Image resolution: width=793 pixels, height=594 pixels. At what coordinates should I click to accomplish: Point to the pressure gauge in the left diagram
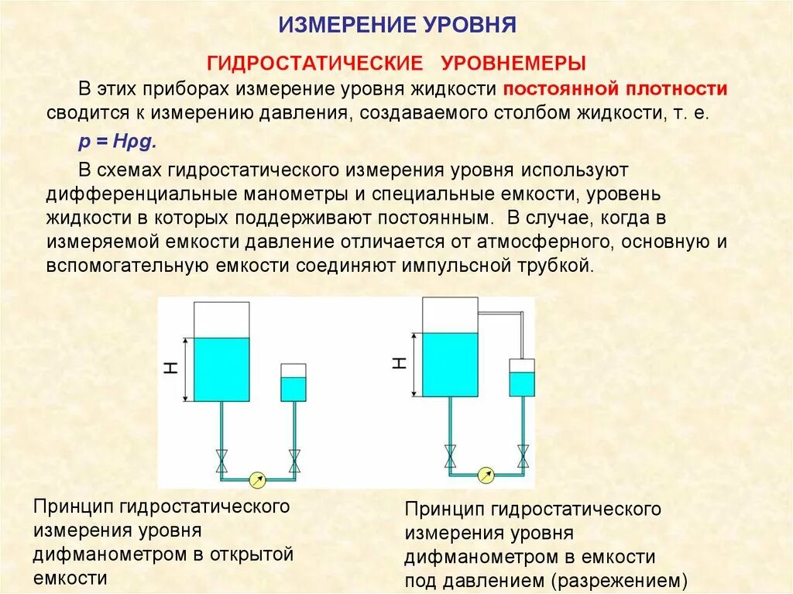click(257, 480)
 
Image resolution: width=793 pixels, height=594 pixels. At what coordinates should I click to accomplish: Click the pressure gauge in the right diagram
click(486, 475)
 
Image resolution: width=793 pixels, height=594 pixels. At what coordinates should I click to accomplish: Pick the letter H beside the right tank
click(400, 364)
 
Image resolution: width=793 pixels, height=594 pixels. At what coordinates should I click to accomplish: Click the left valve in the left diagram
click(221, 462)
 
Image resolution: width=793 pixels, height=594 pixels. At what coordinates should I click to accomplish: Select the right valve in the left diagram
click(294, 462)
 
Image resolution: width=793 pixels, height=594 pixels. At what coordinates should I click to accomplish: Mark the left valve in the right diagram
click(450, 457)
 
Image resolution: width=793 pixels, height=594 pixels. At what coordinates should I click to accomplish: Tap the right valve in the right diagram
click(523, 457)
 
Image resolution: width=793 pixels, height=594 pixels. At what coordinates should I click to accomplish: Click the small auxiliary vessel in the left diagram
click(294, 383)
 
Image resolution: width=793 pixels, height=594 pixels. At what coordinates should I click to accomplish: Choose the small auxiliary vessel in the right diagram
click(522, 378)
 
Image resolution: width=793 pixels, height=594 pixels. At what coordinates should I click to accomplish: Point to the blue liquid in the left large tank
click(221, 369)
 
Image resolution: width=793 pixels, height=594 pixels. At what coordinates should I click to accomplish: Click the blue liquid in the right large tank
click(450, 364)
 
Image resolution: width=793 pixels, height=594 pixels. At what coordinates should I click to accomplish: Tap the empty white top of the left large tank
click(221, 320)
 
